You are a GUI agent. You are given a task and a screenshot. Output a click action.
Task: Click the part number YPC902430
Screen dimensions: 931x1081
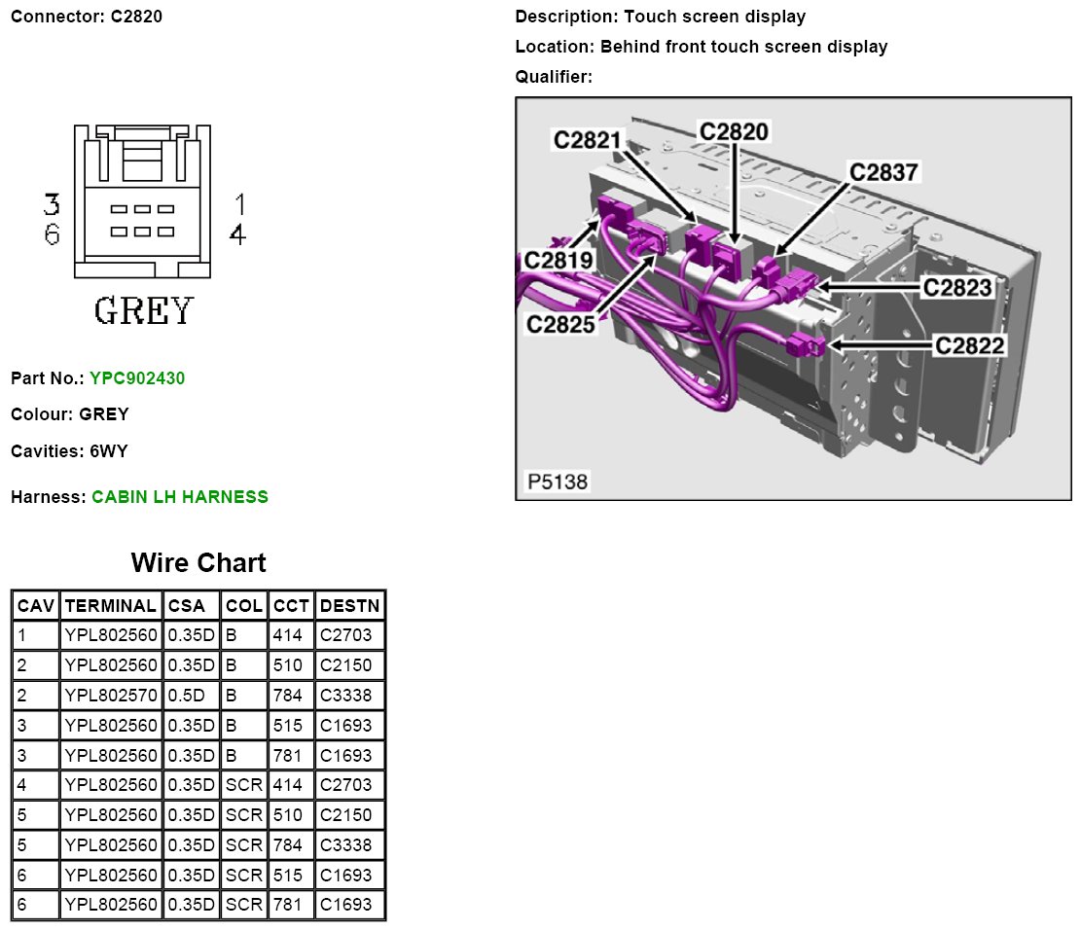pos(137,377)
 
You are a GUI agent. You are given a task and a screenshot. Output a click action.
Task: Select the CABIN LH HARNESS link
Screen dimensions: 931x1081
pos(180,497)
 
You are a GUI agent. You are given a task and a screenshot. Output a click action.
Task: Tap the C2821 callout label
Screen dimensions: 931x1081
pos(587,140)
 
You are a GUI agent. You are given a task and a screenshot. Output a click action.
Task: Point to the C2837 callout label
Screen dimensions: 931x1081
pos(883,172)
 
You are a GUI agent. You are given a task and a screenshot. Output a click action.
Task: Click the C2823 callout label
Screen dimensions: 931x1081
pos(957,287)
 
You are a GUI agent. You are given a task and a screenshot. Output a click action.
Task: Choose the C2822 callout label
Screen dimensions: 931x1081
pos(970,344)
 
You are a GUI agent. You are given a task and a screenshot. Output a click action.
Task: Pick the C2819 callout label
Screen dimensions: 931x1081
pos(559,260)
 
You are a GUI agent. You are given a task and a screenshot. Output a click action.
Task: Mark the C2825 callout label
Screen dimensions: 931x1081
pos(560,325)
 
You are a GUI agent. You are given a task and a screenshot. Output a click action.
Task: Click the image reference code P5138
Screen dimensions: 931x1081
pos(558,482)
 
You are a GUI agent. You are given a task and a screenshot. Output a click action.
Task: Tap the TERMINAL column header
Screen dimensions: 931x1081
pos(110,605)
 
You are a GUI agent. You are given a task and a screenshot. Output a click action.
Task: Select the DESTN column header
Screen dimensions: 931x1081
pos(349,605)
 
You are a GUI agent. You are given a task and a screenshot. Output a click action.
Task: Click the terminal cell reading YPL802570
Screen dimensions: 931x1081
pos(110,696)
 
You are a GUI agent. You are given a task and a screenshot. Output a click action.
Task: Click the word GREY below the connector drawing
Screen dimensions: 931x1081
pos(143,310)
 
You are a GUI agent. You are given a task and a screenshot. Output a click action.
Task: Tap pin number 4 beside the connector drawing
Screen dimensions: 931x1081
pos(236,234)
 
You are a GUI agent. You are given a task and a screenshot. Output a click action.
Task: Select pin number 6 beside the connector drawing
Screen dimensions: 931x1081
pos(52,234)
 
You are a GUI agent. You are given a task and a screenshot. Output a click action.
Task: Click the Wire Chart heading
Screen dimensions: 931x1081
pos(198,562)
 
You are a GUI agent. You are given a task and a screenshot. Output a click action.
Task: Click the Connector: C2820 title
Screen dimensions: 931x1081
pos(87,17)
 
